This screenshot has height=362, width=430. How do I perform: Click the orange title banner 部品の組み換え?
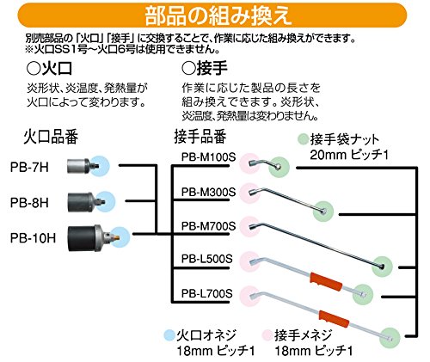tap(212, 15)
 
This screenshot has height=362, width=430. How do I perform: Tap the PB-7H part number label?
tap(29, 168)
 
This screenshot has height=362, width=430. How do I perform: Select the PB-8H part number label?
tap(29, 203)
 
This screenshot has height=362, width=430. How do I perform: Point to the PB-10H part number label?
tap(33, 238)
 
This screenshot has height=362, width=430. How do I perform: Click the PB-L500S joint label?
tap(206, 259)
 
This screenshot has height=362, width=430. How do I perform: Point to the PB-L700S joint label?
tap(206, 293)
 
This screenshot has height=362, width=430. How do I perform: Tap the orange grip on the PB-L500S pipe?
tap(326, 281)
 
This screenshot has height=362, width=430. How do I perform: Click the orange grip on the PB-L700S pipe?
tap(335, 318)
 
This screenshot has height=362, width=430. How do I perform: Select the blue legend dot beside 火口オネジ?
tap(169, 335)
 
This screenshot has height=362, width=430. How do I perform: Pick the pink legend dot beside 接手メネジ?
tap(268, 335)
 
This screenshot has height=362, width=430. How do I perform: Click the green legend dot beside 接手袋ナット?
tap(304, 139)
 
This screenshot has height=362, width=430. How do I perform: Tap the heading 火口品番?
tap(51, 137)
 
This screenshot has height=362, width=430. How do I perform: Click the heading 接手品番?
tap(200, 137)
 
